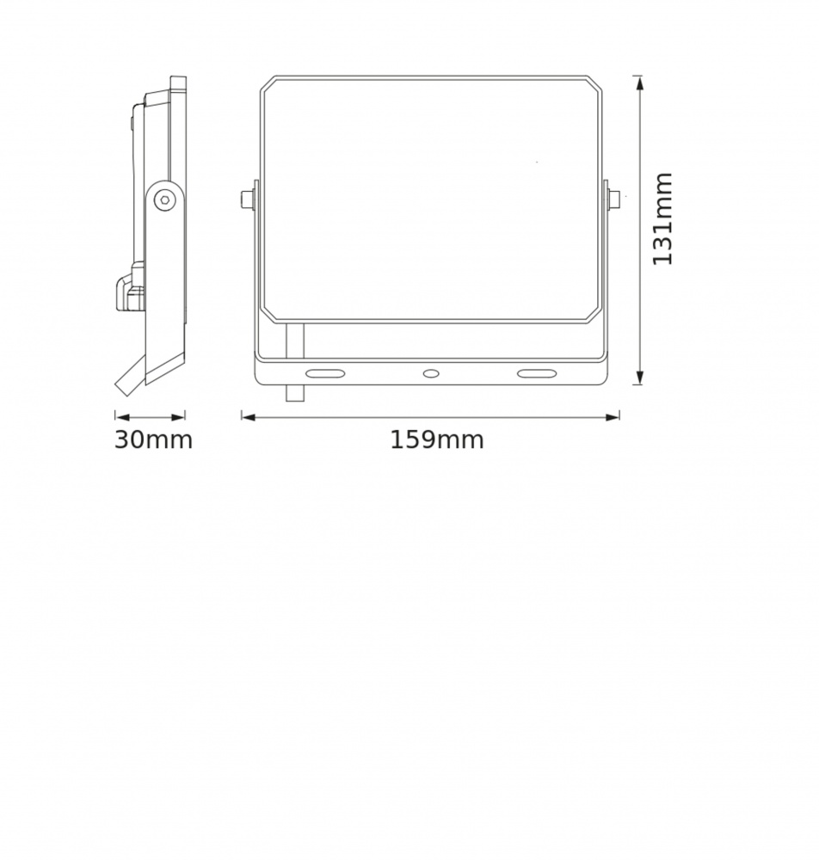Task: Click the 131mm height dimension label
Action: pos(662,219)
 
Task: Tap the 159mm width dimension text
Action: pos(437,440)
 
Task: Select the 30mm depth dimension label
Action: pos(153,440)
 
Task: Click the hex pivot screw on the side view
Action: pos(163,200)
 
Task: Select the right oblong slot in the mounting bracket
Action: pos(535,373)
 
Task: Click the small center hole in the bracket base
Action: pos(430,373)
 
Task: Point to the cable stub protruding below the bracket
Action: pos(295,391)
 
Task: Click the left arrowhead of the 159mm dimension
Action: pos(247,417)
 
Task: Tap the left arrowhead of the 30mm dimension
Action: pos(120,417)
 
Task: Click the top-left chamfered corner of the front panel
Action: pos(268,83)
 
